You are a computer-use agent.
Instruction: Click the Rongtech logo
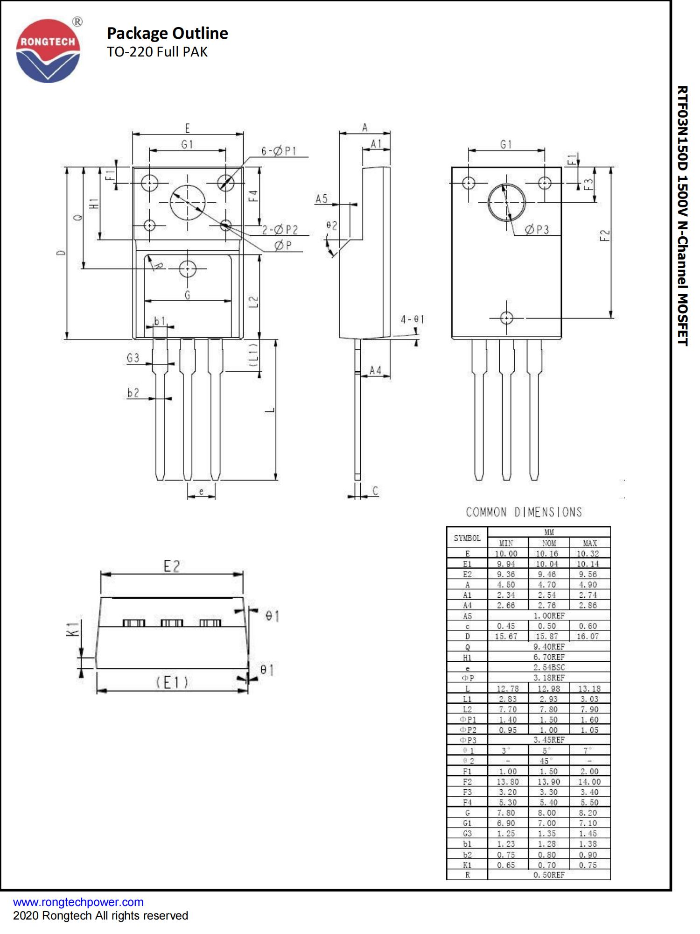(x=48, y=50)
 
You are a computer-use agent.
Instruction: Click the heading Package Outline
(x=167, y=33)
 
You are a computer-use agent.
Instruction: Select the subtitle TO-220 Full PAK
(x=157, y=52)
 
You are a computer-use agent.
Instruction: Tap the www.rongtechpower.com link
(x=78, y=902)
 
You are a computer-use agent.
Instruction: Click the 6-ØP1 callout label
(x=279, y=151)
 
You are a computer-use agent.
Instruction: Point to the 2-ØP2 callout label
(x=280, y=230)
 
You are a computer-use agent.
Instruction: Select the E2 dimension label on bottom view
(x=172, y=566)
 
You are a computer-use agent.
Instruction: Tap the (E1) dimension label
(x=172, y=683)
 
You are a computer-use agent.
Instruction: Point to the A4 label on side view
(x=375, y=370)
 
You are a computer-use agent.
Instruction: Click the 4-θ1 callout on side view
(x=412, y=319)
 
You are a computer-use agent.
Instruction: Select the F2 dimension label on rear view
(x=604, y=235)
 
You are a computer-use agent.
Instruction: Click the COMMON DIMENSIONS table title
(x=524, y=512)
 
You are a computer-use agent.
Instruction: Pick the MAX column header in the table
(x=590, y=543)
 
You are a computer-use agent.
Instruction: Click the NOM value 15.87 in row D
(x=547, y=636)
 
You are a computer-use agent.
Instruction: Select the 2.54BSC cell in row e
(x=549, y=667)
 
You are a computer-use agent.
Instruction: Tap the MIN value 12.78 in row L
(x=507, y=688)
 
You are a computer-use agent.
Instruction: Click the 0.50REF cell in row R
(x=549, y=875)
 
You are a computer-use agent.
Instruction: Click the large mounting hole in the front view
(x=188, y=202)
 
